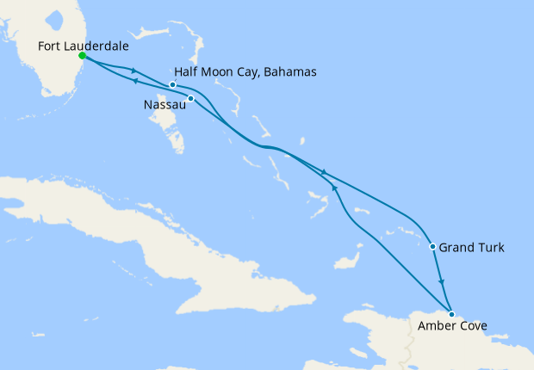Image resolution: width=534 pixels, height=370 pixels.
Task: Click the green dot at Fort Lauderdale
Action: [x=82, y=56]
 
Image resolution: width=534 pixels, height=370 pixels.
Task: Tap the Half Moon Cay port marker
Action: [x=173, y=84]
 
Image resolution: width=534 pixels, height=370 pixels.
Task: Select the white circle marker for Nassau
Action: [x=191, y=98]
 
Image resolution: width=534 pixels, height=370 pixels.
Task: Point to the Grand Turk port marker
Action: [x=433, y=247]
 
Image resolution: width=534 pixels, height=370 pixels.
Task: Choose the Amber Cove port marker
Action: [x=451, y=314]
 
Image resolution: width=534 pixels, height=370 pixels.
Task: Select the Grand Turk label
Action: [x=471, y=248]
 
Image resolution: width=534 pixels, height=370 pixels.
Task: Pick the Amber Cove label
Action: [x=452, y=327]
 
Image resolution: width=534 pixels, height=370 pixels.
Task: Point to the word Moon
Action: [x=219, y=72]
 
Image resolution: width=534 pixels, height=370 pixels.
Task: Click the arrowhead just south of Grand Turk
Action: [x=442, y=282]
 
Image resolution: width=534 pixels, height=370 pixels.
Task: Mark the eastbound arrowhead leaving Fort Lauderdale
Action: [x=135, y=71]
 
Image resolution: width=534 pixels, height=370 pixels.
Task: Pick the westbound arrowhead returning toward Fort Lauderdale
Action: [x=135, y=82]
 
